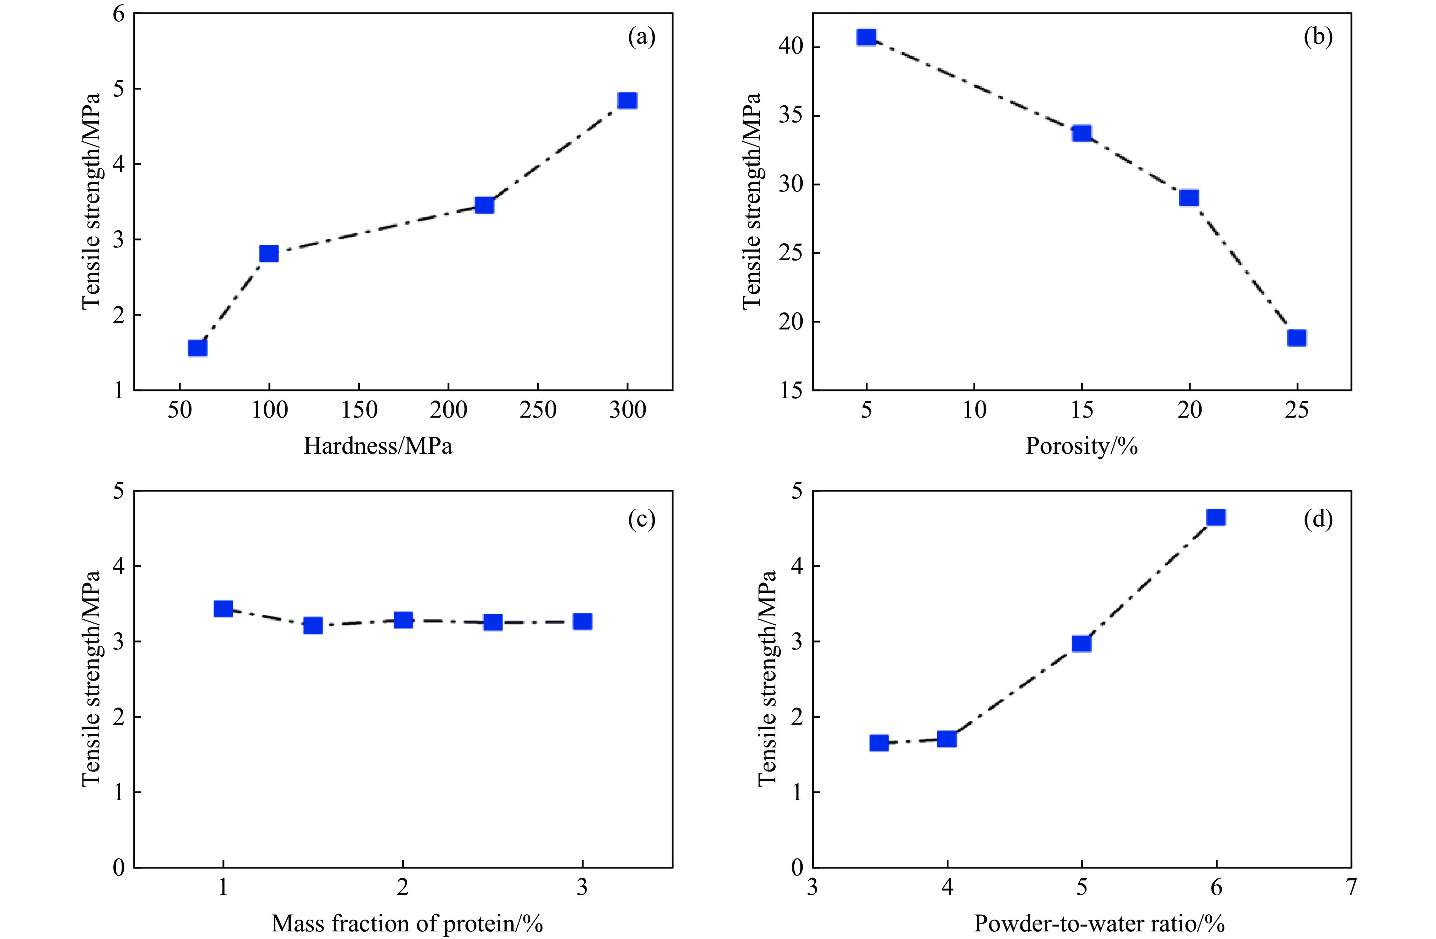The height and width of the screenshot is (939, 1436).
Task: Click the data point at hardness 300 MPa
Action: (x=628, y=100)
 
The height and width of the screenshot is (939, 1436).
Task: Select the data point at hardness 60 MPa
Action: (x=197, y=348)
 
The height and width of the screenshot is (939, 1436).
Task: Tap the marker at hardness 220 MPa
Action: (x=484, y=205)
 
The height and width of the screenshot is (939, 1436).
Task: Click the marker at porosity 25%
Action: (x=1297, y=337)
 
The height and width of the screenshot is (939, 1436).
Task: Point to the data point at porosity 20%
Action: (x=1189, y=198)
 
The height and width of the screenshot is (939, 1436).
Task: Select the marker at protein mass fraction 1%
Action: (x=223, y=609)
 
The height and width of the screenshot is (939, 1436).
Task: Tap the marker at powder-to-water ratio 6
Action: (x=1215, y=517)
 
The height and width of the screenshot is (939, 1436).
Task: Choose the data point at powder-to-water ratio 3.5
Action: (x=879, y=743)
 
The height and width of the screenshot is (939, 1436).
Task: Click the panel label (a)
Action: (x=641, y=37)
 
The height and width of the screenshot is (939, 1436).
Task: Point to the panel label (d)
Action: (x=1318, y=519)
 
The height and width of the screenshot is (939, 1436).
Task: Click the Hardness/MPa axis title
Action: (x=378, y=446)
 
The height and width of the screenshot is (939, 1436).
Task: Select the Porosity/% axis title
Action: (x=1081, y=446)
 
